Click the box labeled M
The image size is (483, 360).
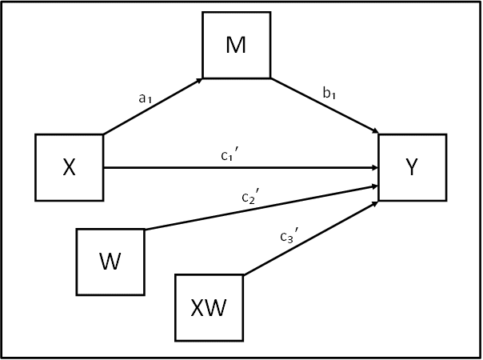coord(237,45)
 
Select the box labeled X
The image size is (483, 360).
coord(70,167)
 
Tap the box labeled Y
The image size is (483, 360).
coord(413,167)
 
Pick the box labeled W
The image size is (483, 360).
coord(110,262)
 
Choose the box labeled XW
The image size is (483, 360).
coord(210,308)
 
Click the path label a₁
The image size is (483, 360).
coord(145,98)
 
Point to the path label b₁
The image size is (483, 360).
coord(329,93)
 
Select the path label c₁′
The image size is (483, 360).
coord(230,154)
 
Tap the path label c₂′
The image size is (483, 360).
coord(251,196)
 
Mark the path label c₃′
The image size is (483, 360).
coord(289,235)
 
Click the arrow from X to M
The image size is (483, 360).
coord(153,106)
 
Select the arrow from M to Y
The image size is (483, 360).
coord(325,106)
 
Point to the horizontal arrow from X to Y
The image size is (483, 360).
coord(241,168)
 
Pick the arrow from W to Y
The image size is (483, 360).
coord(261,208)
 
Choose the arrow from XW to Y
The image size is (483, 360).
coord(311,238)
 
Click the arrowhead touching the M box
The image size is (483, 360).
coord(199,81)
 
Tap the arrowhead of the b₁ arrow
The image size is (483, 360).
coord(376,132)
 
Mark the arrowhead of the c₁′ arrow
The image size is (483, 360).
coord(375,168)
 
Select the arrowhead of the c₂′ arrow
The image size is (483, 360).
coord(375,186)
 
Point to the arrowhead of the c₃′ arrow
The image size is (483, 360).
coord(375,203)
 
